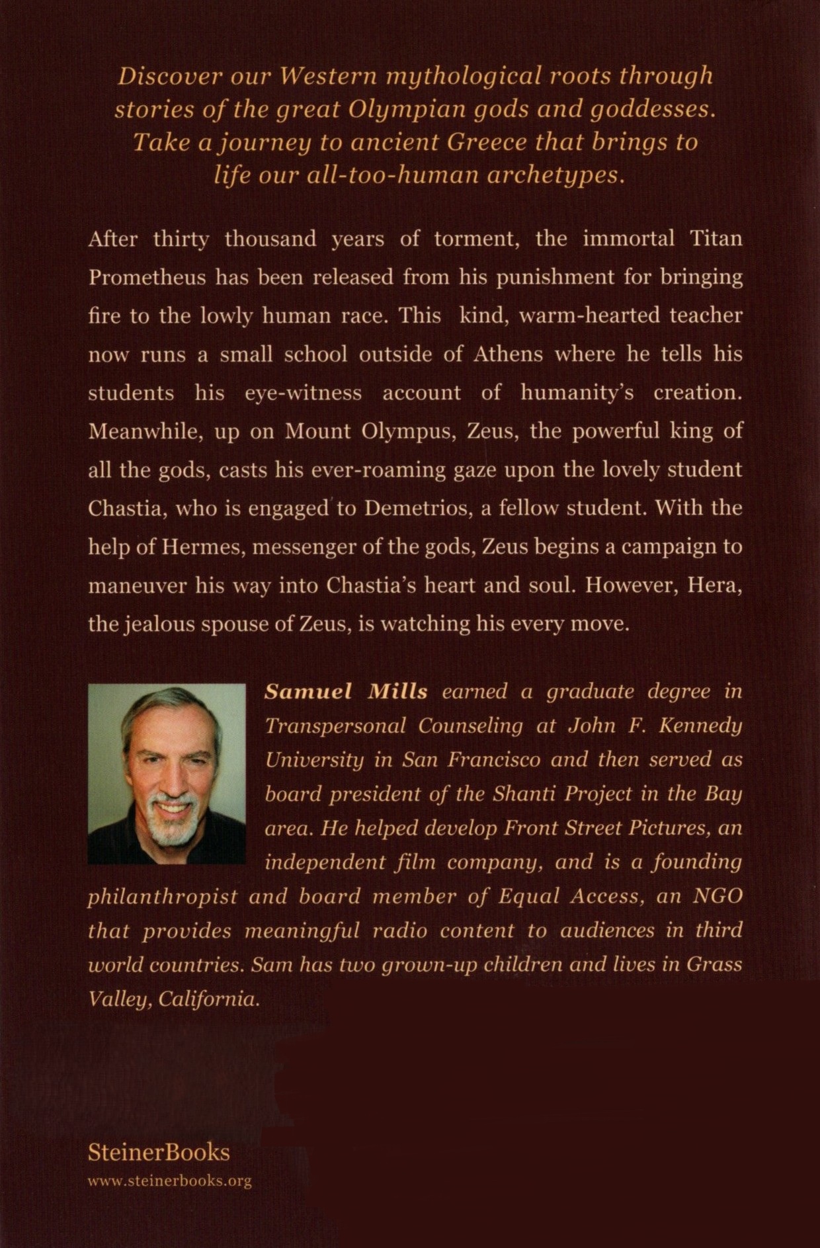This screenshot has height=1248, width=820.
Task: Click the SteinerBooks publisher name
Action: click(159, 1153)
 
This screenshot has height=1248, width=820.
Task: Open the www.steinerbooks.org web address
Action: click(169, 1181)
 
